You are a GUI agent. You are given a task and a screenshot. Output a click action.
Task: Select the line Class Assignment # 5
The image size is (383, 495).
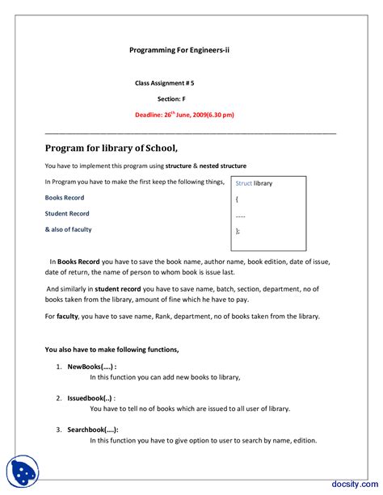(x=164, y=83)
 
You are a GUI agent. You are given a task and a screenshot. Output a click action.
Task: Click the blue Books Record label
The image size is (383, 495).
(x=65, y=198)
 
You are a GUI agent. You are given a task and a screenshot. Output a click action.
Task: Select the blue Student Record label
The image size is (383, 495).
(x=67, y=214)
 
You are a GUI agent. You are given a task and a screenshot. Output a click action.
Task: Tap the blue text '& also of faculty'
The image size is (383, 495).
(x=68, y=229)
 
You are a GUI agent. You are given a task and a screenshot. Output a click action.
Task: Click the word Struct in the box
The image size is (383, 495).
(x=243, y=183)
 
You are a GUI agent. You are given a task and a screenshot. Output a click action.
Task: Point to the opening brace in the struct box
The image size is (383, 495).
(x=237, y=199)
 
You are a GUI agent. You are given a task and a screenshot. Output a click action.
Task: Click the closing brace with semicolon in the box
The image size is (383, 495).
(x=238, y=230)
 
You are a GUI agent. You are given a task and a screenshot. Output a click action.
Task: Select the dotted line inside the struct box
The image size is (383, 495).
(x=240, y=215)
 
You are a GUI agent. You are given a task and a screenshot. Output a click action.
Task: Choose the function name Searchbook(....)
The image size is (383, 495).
(x=93, y=430)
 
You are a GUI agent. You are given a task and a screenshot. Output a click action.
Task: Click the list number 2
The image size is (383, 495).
(x=59, y=398)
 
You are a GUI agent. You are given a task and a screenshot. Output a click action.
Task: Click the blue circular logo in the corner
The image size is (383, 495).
(x=22, y=471)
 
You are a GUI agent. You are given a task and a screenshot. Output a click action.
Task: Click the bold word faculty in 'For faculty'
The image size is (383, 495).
(x=67, y=316)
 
